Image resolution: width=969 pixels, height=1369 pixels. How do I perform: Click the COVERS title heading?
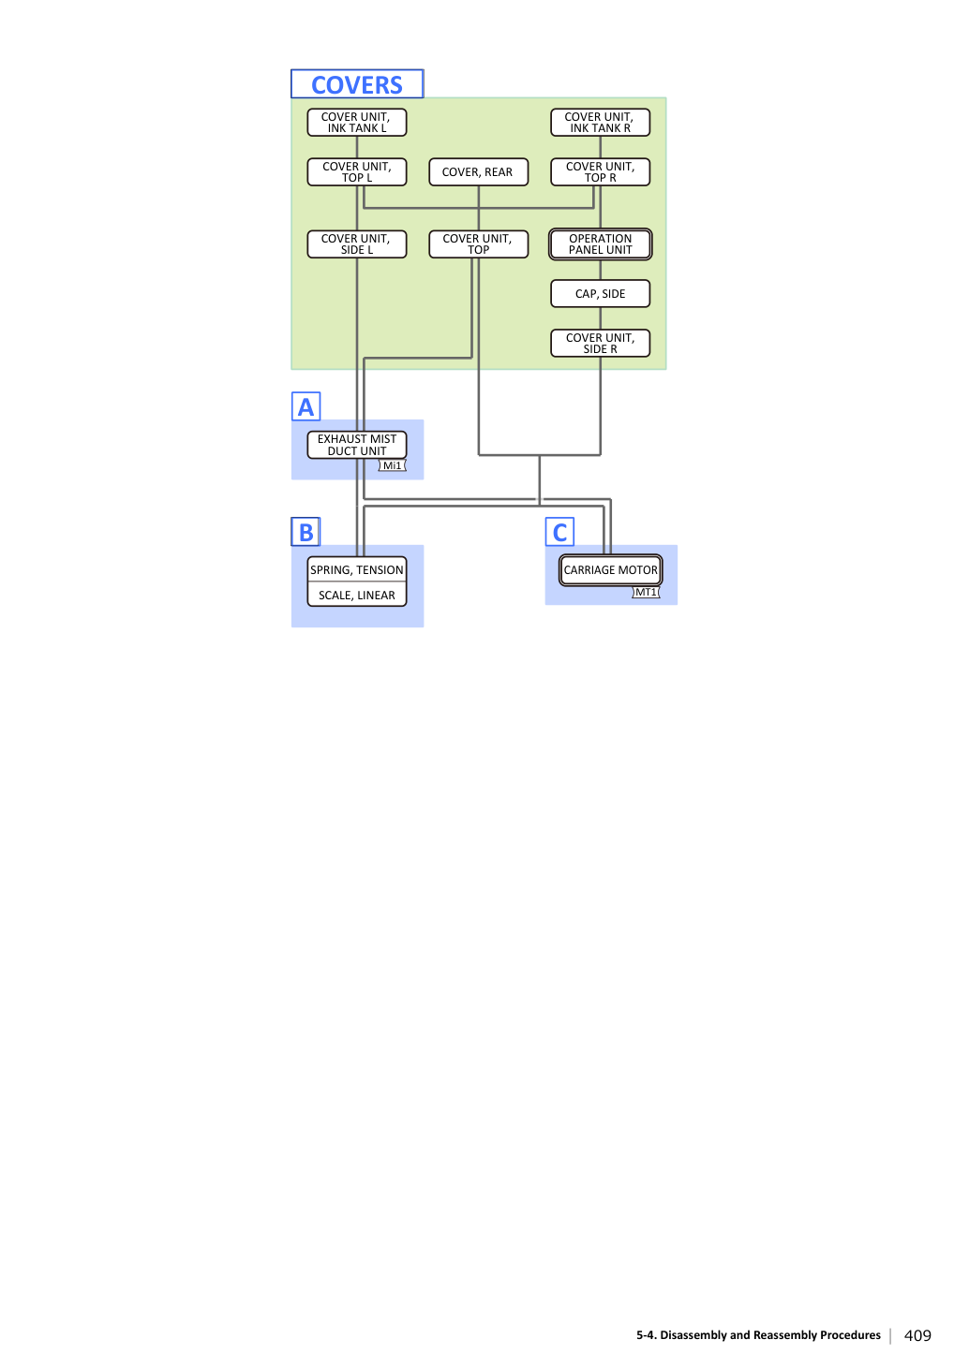[357, 84]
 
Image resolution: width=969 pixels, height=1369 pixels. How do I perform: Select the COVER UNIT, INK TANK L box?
[357, 123]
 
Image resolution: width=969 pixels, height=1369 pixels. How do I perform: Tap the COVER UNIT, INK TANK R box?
[600, 123]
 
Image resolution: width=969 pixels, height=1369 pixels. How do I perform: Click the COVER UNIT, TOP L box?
[357, 171]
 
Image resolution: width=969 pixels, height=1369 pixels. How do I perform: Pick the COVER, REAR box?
[478, 171]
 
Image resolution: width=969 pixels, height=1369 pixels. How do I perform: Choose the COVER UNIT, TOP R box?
[600, 171]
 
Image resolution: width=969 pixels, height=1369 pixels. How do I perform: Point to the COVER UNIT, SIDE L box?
[357, 243]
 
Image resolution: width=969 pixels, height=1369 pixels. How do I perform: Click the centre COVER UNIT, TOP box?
[478, 243]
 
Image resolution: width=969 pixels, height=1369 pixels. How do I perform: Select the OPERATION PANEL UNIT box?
[600, 243]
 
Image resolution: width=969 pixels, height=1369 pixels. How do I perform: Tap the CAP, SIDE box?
[600, 293]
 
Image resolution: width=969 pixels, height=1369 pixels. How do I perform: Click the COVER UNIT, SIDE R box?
[600, 343]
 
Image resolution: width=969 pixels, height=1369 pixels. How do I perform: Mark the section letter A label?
[306, 406]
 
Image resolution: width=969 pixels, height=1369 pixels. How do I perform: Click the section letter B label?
[306, 532]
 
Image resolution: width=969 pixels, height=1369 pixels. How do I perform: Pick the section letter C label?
[559, 532]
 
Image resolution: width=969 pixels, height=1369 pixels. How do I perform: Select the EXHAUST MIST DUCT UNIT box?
[357, 444]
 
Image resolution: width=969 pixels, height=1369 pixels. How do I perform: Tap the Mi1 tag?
[392, 465]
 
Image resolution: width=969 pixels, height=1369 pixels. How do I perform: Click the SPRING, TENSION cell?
[357, 569]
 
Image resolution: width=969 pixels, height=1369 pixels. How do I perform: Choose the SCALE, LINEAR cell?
[357, 595]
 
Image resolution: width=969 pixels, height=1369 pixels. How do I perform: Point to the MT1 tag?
[646, 592]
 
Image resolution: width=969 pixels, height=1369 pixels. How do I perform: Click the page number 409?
[917, 1335]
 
